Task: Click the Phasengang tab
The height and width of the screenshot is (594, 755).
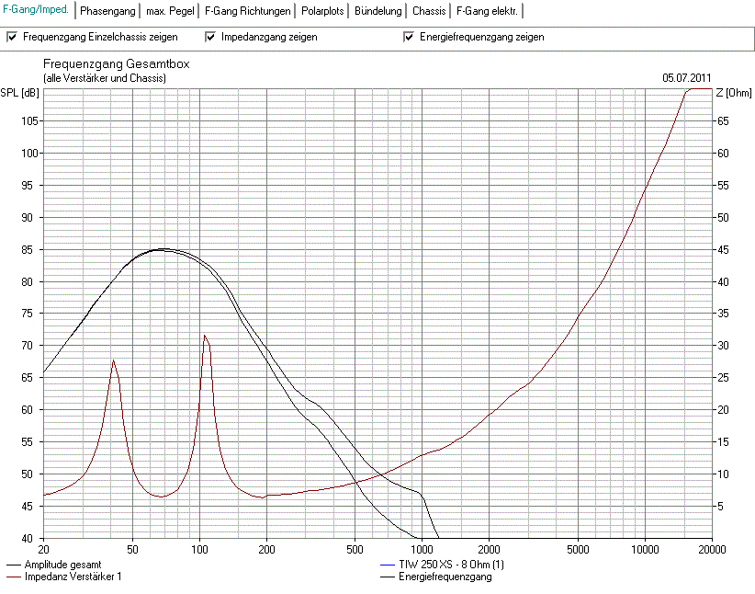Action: pyautogui.click(x=107, y=11)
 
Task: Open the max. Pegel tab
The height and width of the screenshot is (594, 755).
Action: pyautogui.click(x=170, y=11)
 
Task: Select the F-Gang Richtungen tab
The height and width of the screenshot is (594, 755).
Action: pyautogui.click(x=247, y=11)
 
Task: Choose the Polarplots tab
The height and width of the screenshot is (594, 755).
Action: pyautogui.click(x=323, y=11)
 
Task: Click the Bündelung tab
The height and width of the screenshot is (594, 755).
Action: pyautogui.click(x=379, y=11)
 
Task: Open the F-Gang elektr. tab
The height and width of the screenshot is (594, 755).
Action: pyautogui.click(x=487, y=11)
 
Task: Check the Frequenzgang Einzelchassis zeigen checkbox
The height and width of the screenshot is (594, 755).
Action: pyautogui.click(x=12, y=38)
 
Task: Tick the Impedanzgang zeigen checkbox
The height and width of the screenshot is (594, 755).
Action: pyautogui.click(x=210, y=38)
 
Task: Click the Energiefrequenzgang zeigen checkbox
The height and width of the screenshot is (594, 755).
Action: pyautogui.click(x=409, y=38)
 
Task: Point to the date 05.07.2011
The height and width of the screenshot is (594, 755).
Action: pyautogui.click(x=686, y=78)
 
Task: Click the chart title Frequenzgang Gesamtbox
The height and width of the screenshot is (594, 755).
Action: pyautogui.click(x=116, y=65)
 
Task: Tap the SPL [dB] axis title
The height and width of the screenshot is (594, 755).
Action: pyautogui.click(x=19, y=93)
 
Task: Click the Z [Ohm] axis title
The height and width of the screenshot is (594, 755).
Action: pyautogui.click(x=732, y=93)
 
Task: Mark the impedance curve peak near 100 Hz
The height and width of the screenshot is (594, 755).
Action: pyautogui.click(x=205, y=336)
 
